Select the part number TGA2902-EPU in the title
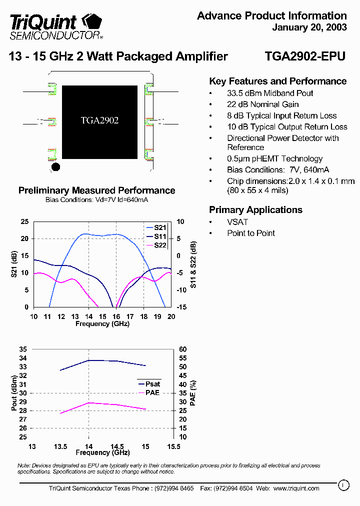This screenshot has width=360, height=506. coord(304,56)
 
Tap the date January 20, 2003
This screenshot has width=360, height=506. coord(309,27)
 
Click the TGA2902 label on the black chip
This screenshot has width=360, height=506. coord(99,120)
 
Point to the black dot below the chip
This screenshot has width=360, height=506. coord(55,166)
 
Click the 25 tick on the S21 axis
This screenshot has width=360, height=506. coord(24,221)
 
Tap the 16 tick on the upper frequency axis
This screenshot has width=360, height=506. coord(116,316)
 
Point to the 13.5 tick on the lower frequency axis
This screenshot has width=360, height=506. coord(60,446)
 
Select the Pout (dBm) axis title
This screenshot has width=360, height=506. coord(14,393)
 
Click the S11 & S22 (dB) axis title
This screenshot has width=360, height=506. coord(193,264)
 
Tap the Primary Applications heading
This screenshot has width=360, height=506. coord(255,210)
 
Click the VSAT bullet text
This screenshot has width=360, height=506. coord(237,222)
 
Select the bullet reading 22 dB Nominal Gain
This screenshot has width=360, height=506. coord(262,104)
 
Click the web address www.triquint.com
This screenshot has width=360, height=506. coord(296,488)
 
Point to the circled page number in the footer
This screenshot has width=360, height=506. coord(342,484)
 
